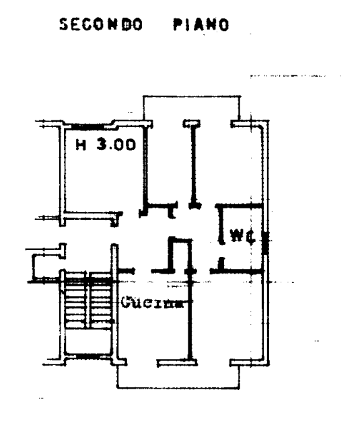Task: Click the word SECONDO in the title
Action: (x=101, y=25)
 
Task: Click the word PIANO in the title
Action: (x=201, y=25)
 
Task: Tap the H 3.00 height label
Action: (x=106, y=145)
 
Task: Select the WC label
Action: (x=243, y=236)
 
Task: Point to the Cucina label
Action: (x=152, y=303)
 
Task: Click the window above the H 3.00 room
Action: (x=87, y=126)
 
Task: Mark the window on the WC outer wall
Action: (x=265, y=243)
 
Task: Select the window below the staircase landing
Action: (x=88, y=356)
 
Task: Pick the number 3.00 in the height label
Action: (x=116, y=145)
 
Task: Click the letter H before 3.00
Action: (x=81, y=145)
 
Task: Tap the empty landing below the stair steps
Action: (x=88, y=341)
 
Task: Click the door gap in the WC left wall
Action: (x=221, y=251)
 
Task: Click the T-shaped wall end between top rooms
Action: (x=192, y=124)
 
